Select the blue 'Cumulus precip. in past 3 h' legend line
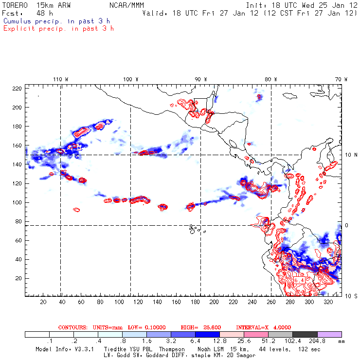coord(56,21)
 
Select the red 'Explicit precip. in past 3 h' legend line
coord(58,28)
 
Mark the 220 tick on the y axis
coord(18,88)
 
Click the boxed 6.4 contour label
coord(299,281)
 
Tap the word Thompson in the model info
coord(171,349)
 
